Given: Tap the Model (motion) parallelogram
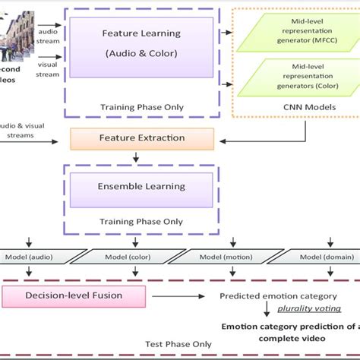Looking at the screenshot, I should pos(228,257).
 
